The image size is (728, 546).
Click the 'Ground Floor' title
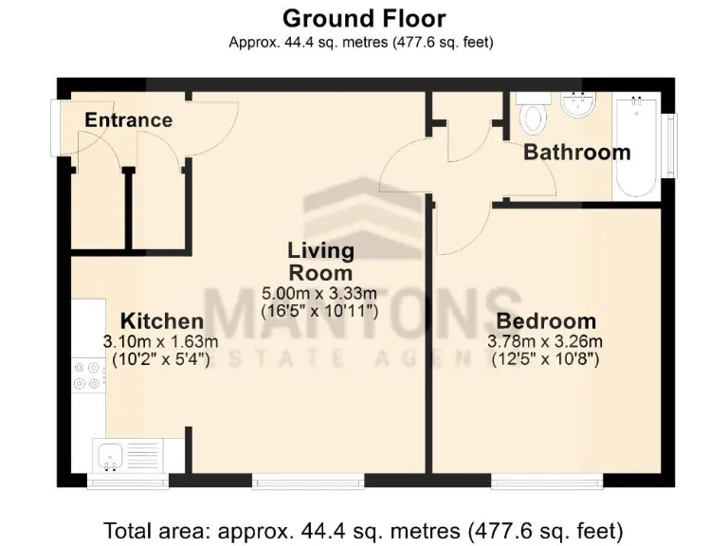pyautogui.click(x=364, y=17)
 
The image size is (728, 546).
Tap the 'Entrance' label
pyautogui.click(x=128, y=120)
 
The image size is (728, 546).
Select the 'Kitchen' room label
pyautogui.click(x=161, y=321)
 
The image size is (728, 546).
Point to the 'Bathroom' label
pyautogui.click(x=576, y=152)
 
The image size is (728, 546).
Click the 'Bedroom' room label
pyautogui.click(x=545, y=320)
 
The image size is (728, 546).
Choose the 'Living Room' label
pyautogui.click(x=320, y=262)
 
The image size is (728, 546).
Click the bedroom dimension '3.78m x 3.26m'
pyautogui.click(x=545, y=341)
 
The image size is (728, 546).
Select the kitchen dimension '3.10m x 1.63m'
pyautogui.click(x=161, y=341)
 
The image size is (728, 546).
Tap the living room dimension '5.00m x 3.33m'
pyautogui.click(x=320, y=294)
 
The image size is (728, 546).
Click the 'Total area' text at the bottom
pyautogui.click(x=364, y=528)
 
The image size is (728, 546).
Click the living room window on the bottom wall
pyautogui.click(x=308, y=482)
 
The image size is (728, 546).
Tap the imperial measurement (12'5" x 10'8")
pyautogui.click(x=545, y=359)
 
